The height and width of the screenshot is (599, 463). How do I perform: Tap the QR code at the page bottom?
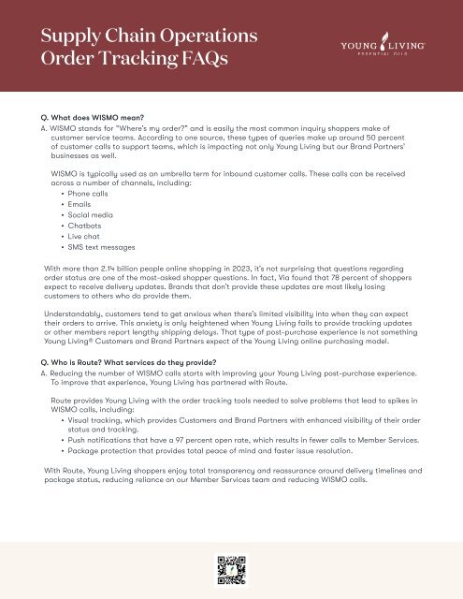(231, 569)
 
